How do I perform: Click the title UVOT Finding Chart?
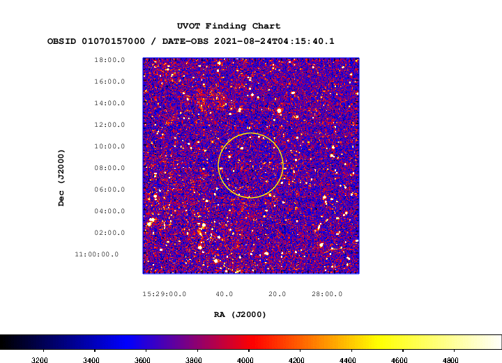tap(229, 26)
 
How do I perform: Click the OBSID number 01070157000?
tap(114, 42)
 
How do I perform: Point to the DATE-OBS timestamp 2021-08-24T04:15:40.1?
tap(274, 42)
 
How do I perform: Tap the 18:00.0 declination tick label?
tap(109, 60)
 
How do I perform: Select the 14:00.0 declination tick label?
tap(109, 103)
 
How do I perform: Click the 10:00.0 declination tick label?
tap(109, 146)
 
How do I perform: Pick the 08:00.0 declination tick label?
tap(109, 168)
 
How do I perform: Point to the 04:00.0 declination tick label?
tap(109, 211)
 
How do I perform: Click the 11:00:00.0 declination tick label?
tap(97, 254)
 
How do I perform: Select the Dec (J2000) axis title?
tap(61, 178)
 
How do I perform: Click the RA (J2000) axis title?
tap(240, 315)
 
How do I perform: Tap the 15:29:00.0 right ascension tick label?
tap(165, 294)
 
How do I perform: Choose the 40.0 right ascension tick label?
tap(224, 294)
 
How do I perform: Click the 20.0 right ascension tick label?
tap(277, 294)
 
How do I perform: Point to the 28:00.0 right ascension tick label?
tap(327, 294)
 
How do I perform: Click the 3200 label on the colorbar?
tap(39, 360)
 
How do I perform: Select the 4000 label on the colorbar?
tap(245, 360)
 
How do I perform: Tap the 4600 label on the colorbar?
tap(399, 360)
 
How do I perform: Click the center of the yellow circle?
tap(251, 165)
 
